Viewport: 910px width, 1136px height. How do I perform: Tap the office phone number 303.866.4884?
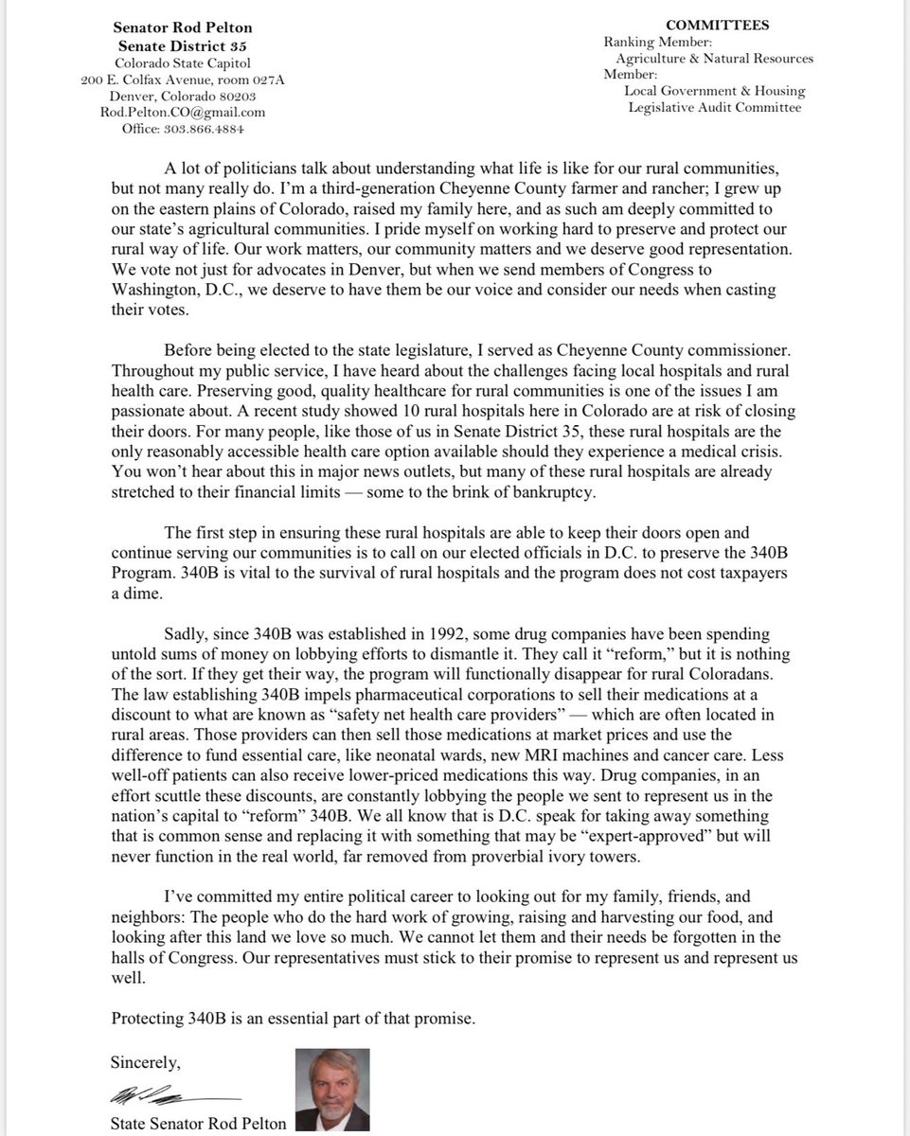point(203,130)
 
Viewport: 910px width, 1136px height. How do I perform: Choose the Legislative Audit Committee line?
point(715,107)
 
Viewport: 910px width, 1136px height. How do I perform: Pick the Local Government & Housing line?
point(714,91)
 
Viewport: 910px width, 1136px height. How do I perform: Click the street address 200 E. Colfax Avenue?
point(149,80)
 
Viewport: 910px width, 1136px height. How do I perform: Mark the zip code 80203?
point(236,97)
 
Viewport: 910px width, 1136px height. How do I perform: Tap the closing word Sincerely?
point(145,1062)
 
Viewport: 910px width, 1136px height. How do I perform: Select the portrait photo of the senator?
point(332,1089)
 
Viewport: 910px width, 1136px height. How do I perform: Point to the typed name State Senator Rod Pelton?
point(198,1124)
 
